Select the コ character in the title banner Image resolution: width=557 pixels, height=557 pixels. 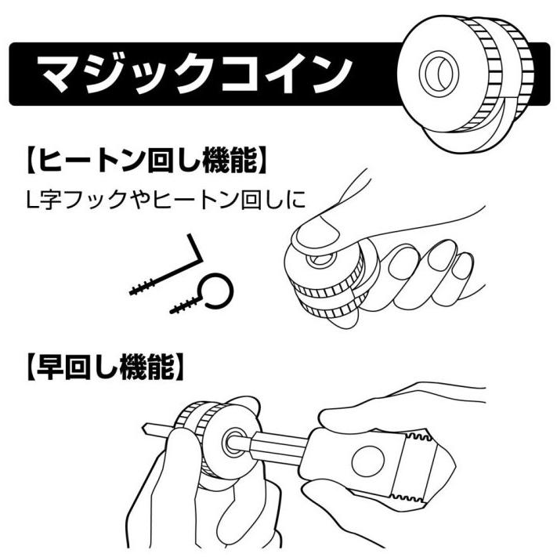click(248, 74)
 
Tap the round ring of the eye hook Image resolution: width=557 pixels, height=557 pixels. click(219, 291)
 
